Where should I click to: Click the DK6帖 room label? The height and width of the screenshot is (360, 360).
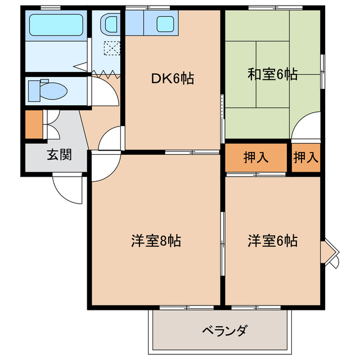(x=172, y=79)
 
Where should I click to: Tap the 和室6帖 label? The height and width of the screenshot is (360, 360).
(x=272, y=74)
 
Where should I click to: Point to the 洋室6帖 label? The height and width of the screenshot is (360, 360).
(x=272, y=241)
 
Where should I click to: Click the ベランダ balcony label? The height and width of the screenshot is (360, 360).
(x=224, y=330)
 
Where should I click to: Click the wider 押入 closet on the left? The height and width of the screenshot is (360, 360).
(x=256, y=157)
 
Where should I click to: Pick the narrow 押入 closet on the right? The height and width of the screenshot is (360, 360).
(x=306, y=157)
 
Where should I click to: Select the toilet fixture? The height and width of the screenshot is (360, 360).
(x=48, y=90)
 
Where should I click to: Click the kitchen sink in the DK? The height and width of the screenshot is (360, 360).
(x=165, y=24)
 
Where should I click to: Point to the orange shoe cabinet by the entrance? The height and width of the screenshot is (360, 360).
(x=33, y=125)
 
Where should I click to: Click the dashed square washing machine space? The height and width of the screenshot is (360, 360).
(x=111, y=48)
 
